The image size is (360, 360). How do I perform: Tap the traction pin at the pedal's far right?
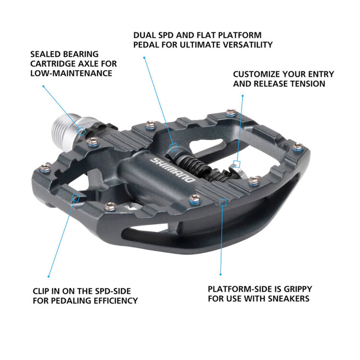[298, 146]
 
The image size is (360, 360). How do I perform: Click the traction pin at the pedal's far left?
[46, 167]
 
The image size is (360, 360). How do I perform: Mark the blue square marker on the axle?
[82, 131]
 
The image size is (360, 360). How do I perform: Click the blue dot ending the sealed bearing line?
[43, 86]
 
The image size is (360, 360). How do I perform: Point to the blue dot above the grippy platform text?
[220, 274]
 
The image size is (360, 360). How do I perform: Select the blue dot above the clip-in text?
[48, 276]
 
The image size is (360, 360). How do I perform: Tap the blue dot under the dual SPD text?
[144, 58]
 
